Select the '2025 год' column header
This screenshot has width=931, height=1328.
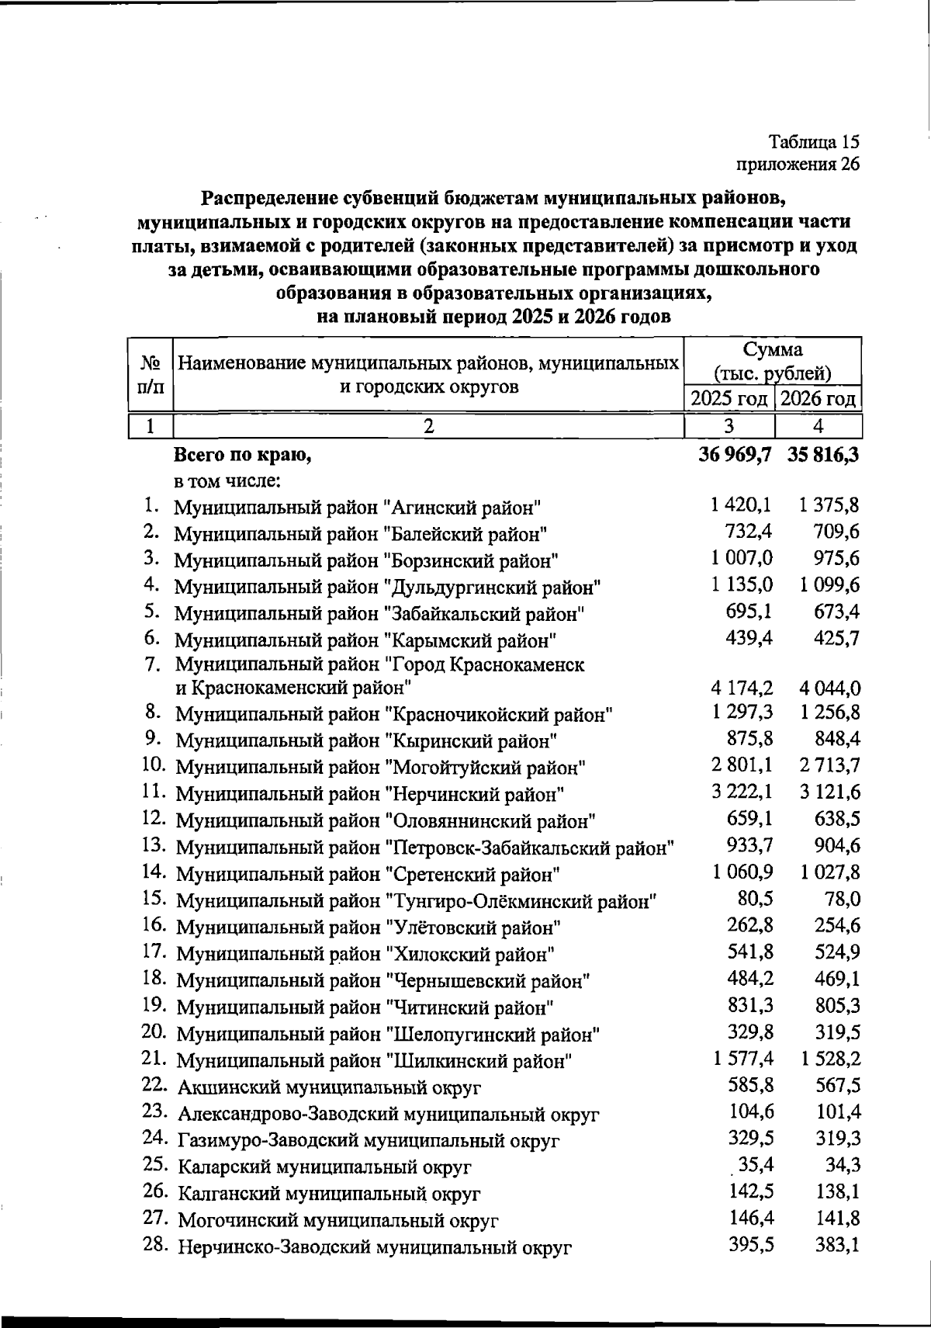coord(730,400)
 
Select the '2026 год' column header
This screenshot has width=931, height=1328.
coord(819,400)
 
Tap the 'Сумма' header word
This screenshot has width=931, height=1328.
coord(772,348)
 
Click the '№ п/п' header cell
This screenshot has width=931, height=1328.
coord(149,373)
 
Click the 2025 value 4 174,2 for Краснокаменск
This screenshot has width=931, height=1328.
coord(741,688)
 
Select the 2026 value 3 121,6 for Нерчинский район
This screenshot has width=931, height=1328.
coord(829,792)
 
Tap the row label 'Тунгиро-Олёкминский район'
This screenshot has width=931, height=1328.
coord(417,902)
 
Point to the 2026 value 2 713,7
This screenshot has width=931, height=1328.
coord(829,766)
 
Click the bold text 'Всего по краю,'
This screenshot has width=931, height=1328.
coord(242,456)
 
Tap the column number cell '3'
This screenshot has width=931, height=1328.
coord(729,426)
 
